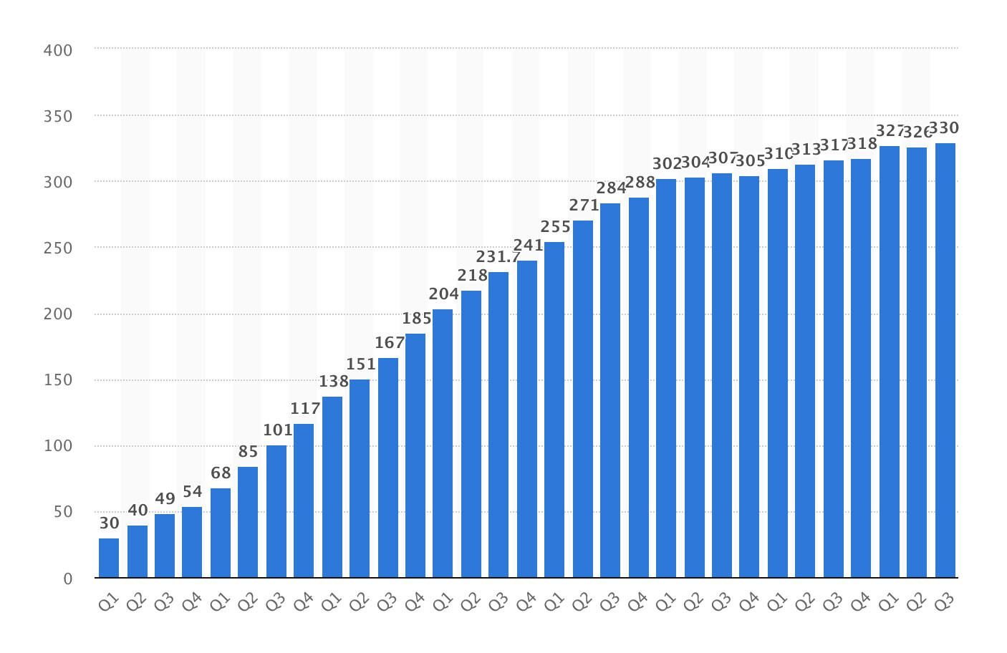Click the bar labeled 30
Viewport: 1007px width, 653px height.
109,558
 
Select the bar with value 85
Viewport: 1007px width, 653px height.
248,522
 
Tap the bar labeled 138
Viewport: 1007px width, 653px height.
332,487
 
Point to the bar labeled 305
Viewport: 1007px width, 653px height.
749,377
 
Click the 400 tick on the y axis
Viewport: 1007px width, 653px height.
58,51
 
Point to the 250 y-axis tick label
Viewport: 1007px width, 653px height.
58,248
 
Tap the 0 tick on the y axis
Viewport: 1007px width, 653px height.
68,579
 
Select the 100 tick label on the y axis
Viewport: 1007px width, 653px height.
58,446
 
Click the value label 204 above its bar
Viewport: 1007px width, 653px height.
443,294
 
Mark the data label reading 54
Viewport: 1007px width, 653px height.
192,492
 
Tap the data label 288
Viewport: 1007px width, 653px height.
640,183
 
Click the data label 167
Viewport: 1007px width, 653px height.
389,343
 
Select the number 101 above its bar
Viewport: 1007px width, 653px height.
277,430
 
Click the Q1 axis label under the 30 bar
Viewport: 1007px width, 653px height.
108,602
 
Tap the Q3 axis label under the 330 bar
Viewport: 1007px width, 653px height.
945,602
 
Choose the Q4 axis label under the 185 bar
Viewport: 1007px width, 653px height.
415,602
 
